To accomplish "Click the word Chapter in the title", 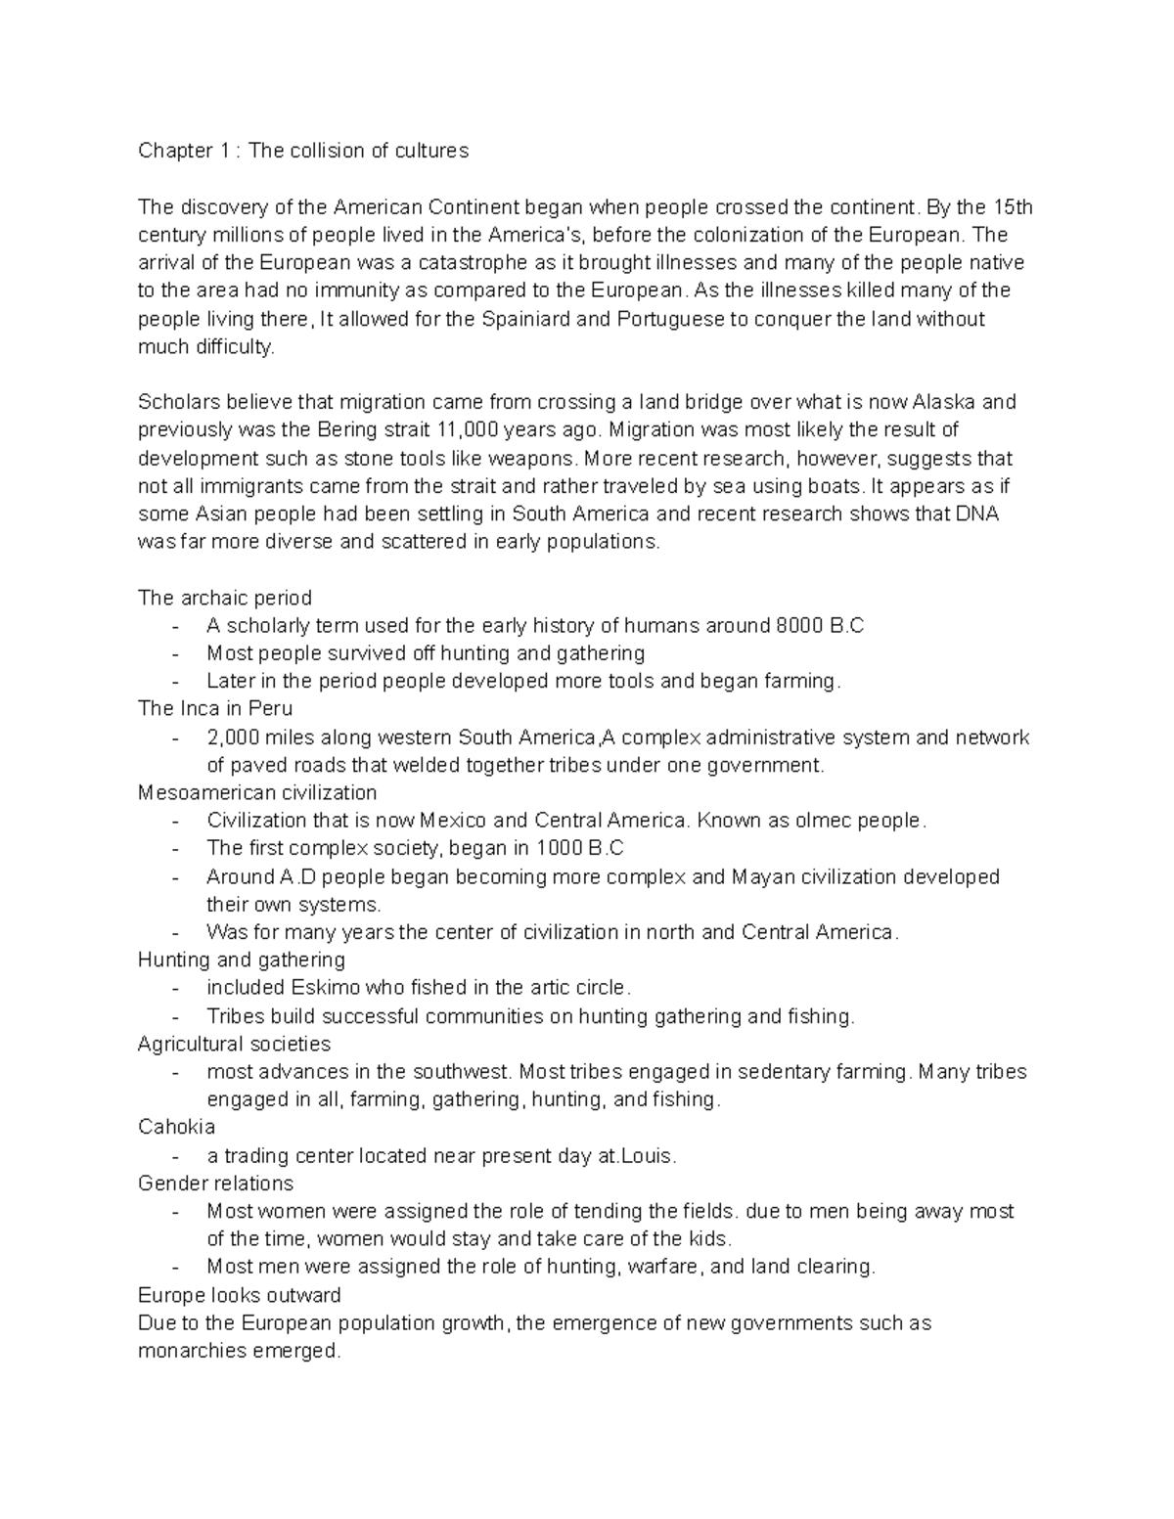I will pos(174,151).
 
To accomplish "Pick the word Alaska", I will pos(943,402).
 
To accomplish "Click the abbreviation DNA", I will pos(975,514).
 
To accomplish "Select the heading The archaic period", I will pos(225,598).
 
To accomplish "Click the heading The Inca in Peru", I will pos(215,708).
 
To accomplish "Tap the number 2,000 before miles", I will pos(233,737).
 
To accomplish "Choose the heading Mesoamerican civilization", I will pos(257,792).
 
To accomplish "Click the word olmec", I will pos(823,821).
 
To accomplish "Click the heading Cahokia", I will pos(176,1127).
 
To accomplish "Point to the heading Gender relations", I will pos(215,1184).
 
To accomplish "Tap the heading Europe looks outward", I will pos(240,1295).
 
